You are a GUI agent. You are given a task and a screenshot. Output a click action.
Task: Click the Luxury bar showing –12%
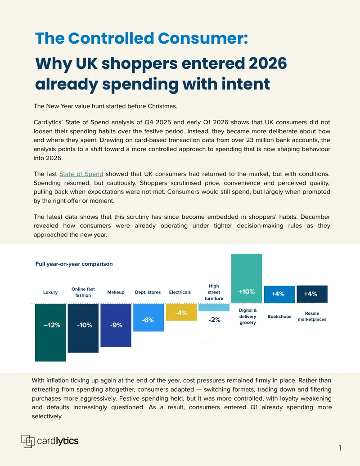50,333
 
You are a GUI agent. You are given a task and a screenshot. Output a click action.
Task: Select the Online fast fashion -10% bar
83,328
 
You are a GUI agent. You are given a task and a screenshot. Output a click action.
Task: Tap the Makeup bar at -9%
116,325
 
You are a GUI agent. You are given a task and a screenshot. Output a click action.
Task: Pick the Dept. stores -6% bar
148,317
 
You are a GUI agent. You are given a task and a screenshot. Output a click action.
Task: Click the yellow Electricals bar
181,312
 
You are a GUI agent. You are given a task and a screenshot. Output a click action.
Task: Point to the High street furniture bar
214,308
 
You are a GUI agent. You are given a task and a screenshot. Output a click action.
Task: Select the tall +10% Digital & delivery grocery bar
247,278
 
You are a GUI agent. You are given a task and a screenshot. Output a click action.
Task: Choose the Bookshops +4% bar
279,294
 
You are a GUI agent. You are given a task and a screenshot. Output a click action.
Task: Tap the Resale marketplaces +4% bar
312,294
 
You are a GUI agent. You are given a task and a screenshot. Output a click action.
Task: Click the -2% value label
215,320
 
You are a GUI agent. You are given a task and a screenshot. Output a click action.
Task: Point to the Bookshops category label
279,317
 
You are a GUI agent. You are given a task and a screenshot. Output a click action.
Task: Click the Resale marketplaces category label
312,317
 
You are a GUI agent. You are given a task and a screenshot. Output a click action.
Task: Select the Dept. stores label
148,292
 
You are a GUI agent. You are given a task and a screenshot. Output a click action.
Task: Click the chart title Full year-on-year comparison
74,264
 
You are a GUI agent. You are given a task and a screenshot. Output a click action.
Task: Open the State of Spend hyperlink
81,174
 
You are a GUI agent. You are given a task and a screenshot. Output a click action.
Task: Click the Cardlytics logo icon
28,441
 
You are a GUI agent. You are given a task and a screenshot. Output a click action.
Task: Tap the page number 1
340,448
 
